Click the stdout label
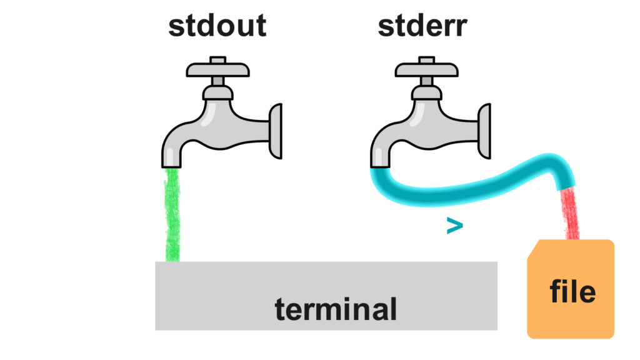tap(217, 26)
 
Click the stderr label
tap(422, 26)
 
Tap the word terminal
tap(336, 309)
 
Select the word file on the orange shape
tap(572, 291)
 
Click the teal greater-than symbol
tap(455, 226)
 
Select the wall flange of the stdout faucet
tap(276, 130)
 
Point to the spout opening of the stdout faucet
tap(172, 163)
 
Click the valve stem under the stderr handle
tap(427, 81)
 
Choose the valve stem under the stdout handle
tap(217, 81)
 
